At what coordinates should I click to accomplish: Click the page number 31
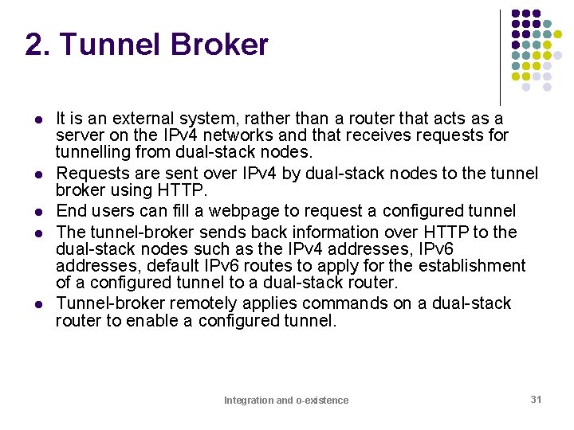coord(536,399)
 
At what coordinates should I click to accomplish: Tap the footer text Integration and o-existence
coord(286,401)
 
